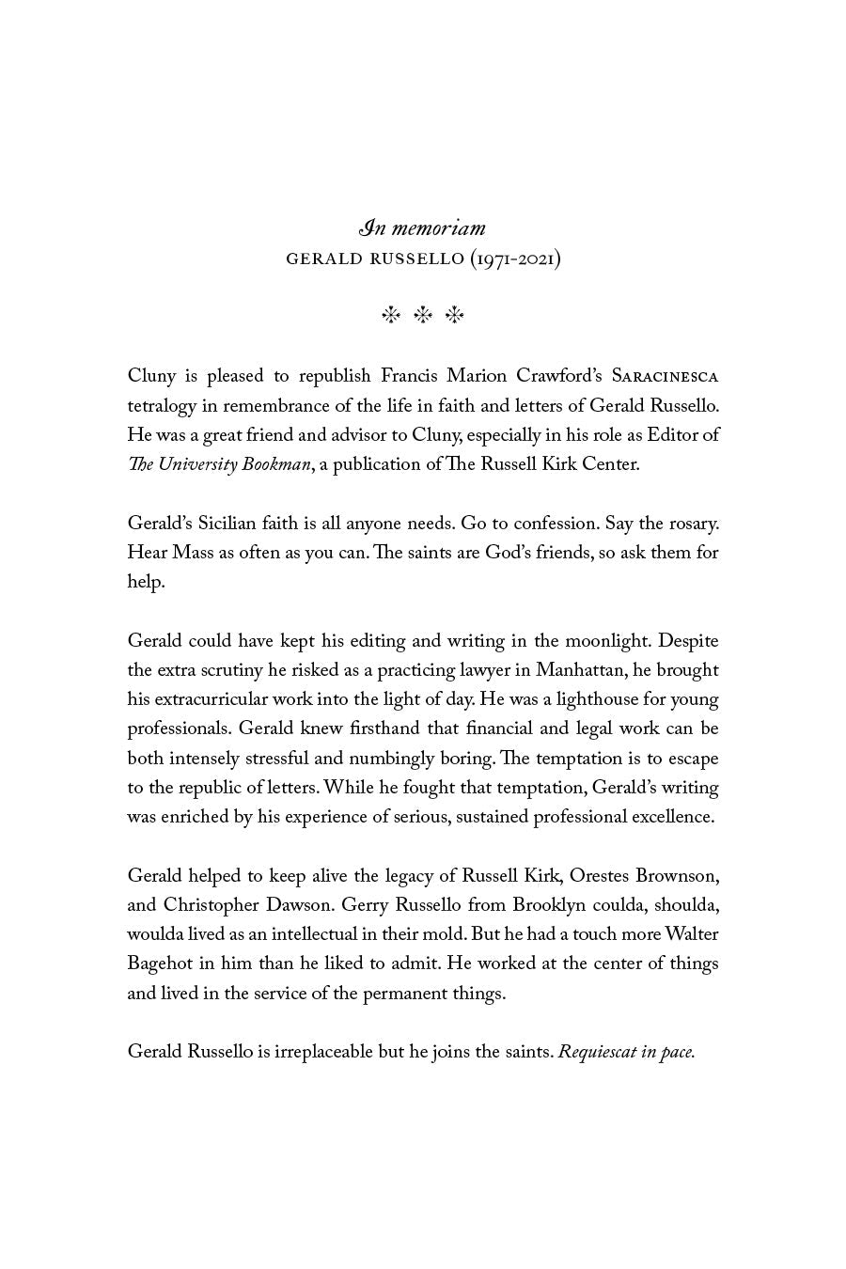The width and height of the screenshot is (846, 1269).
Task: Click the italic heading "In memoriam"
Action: [422, 228]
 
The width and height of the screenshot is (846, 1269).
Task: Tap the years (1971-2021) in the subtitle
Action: [515, 258]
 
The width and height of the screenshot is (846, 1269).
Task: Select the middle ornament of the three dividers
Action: [423, 316]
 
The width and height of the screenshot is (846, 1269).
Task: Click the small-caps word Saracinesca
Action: [665, 377]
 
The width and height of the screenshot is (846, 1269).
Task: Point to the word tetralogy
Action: [160, 406]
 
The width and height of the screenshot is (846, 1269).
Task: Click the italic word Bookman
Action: [276, 464]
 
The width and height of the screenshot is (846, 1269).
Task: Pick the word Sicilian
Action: [227, 524]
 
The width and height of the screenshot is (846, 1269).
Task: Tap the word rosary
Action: [692, 524]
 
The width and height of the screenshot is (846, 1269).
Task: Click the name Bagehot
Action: [161, 963]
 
